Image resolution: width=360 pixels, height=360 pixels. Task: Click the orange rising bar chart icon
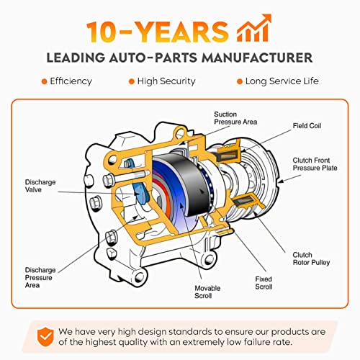[254, 28]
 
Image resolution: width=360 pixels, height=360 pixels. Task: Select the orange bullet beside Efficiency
[44, 81]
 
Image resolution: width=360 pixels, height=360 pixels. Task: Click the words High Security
[166, 81]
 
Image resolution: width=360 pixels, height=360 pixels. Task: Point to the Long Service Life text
[282, 81]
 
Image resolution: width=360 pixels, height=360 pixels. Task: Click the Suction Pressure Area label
[235, 118]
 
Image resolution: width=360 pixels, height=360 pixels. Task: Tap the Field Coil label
[307, 126]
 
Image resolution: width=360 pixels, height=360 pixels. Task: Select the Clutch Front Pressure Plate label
[315, 164]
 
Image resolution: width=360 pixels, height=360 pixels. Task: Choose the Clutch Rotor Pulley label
[311, 258]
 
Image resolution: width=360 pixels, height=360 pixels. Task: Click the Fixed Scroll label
[264, 283]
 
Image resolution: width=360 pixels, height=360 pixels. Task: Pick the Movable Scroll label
[207, 292]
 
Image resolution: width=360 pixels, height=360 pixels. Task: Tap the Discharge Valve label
[40, 186]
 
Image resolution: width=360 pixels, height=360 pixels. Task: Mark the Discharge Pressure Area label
[40, 277]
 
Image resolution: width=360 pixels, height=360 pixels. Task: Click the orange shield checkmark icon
[45, 336]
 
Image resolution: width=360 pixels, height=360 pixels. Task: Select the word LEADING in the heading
[76, 58]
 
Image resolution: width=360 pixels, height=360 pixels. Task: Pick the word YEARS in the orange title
[183, 32]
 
